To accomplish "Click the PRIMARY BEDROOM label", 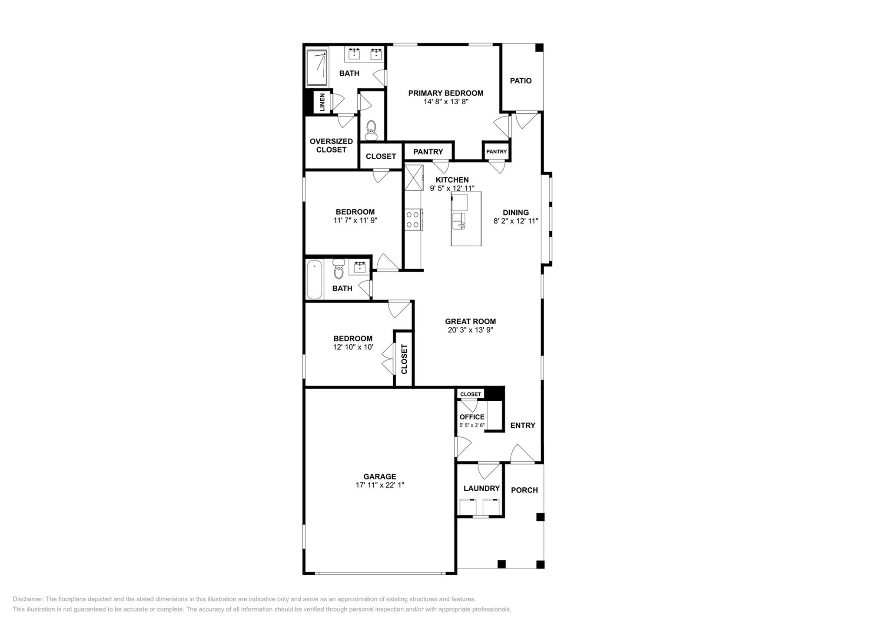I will [445, 93].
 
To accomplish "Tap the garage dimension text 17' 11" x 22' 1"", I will [379, 485].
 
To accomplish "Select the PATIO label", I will [520, 81].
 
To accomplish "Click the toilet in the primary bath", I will [371, 130].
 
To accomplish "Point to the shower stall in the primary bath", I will [317, 67].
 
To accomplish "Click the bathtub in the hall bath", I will [314, 279].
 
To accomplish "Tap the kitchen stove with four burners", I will [412, 220].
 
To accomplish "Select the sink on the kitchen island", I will [458, 221].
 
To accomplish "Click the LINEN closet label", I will [322, 103].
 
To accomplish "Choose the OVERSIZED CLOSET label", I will [331, 146].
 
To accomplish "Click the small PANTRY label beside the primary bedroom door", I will [496, 152].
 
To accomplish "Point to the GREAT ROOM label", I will [470, 322].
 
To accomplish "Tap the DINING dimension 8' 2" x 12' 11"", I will [516, 221].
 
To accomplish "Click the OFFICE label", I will [472, 417].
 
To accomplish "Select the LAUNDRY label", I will [482, 489].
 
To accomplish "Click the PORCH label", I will [524, 490].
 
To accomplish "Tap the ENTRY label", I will [522, 426].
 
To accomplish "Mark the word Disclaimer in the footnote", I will [28, 599].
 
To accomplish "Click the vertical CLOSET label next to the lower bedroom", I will [404, 359].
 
